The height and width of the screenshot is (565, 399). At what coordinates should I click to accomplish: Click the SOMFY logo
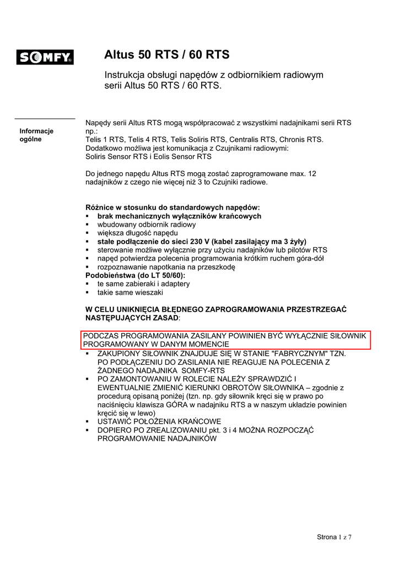(45, 57)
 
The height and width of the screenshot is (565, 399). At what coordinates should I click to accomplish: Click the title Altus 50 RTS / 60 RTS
(167, 55)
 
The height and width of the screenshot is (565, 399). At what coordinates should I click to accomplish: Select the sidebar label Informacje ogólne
(36, 135)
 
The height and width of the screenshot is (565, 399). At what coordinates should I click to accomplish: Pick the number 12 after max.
(312, 174)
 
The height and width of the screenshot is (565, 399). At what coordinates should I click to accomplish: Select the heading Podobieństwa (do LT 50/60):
(136, 275)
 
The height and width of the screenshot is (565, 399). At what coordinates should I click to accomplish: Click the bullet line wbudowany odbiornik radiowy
(147, 225)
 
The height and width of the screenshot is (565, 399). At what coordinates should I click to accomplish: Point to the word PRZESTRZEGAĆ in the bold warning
(315, 310)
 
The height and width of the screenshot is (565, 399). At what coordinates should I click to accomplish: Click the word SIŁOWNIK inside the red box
(348, 335)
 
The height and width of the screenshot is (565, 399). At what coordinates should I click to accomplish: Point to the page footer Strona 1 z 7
(334, 537)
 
